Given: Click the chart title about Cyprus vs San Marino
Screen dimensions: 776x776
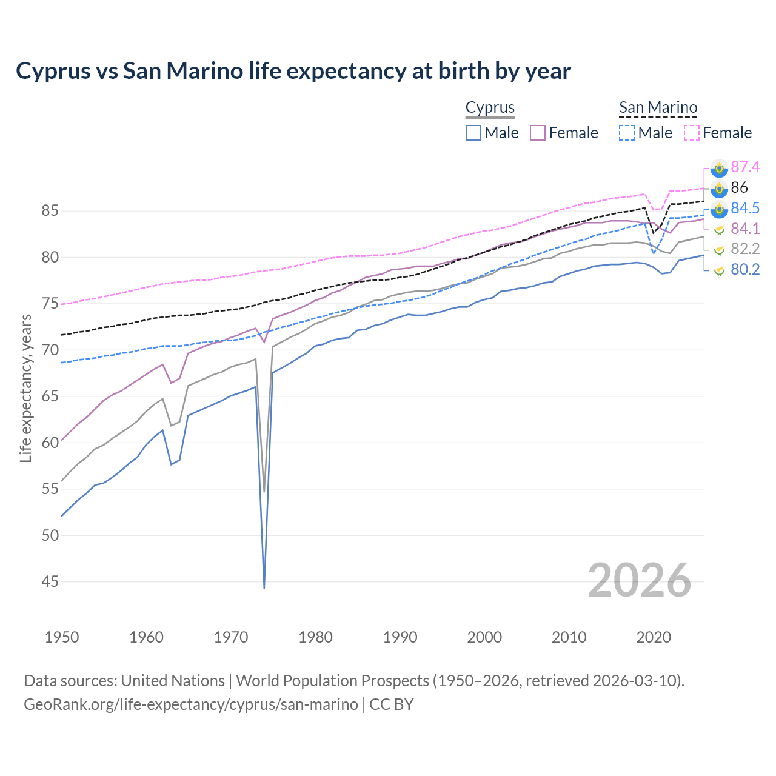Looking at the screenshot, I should click(x=293, y=71).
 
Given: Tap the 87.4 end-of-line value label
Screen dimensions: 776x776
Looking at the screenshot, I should click(x=745, y=167).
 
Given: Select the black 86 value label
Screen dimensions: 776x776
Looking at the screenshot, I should click(x=739, y=187).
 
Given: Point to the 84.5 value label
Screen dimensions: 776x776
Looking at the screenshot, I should click(x=745, y=208).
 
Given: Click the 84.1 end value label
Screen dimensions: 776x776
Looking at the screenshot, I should click(x=745, y=229).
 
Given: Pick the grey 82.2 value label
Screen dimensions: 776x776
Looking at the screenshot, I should click(x=745, y=249).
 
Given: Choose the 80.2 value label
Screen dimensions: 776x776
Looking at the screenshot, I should click(x=745, y=269).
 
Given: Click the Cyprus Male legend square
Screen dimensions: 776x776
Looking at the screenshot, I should click(x=473, y=133).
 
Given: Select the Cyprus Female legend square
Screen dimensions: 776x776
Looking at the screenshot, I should click(x=538, y=133).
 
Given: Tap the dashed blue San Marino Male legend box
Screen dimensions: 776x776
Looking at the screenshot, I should click(x=627, y=133).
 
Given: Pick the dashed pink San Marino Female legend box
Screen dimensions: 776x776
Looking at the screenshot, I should click(x=692, y=133).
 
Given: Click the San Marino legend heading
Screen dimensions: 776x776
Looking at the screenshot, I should click(x=658, y=108).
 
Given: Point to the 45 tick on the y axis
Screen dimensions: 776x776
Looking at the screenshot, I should click(x=50, y=582).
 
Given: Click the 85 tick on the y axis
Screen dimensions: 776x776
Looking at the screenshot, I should click(x=50, y=211).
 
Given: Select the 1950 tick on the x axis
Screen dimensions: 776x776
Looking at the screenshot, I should click(x=62, y=637).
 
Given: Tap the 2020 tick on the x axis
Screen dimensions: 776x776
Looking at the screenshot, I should click(x=654, y=637).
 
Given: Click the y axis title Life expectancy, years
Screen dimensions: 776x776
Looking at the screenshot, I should click(x=25, y=388).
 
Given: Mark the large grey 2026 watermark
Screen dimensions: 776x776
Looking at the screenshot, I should click(x=639, y=580).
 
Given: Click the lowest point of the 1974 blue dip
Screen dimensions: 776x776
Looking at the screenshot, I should click(x=264, y=587).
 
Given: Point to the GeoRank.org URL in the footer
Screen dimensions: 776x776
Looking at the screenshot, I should click(x=191, y=704).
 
